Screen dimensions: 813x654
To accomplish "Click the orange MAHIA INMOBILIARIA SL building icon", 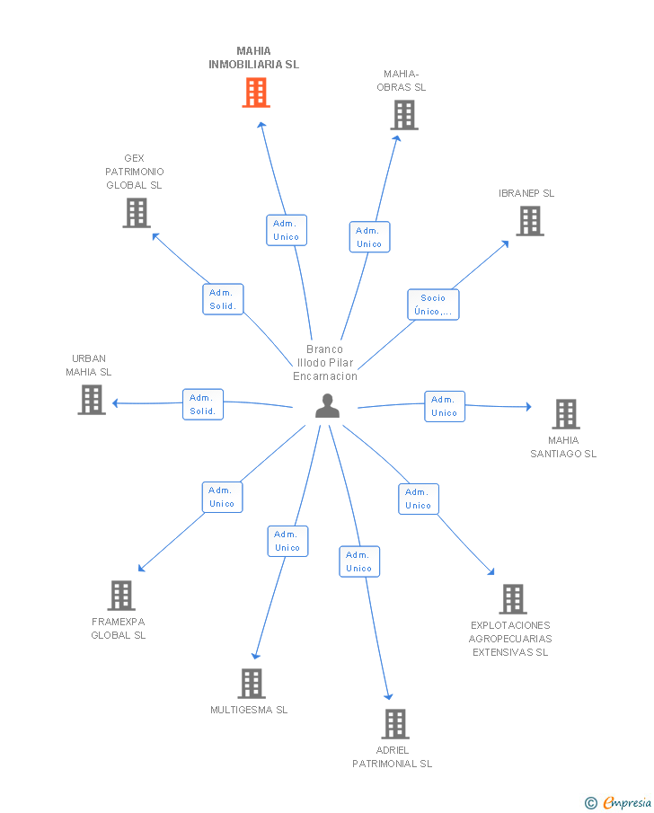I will [256, 93].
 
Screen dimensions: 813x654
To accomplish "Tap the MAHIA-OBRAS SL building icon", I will [404, 115].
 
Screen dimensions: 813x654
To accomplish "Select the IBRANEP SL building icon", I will [530, 221].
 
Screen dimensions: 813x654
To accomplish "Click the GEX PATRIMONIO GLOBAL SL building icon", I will [137, 213].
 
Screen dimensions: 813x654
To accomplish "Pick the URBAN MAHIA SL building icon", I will [92, 400].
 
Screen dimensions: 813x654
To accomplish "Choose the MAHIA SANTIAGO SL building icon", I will [565, 414].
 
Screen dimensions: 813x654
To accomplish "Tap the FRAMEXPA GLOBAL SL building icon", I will [121, 596].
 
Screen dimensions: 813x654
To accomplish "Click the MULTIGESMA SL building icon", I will [252, 684].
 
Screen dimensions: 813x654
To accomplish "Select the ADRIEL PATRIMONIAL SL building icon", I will [395, 724].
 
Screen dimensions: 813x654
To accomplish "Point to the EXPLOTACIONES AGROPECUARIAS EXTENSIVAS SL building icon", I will [513, 599].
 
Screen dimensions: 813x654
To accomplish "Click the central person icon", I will [327, 406].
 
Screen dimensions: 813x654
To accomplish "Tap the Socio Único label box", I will [433, 305].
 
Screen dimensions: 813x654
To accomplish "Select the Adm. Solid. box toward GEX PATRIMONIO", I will [222, 299].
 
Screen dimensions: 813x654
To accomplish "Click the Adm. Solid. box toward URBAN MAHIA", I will [202, 404].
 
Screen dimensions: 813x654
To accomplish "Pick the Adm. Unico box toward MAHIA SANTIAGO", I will [444, 406].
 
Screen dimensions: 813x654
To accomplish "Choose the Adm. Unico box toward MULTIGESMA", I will [287, 541].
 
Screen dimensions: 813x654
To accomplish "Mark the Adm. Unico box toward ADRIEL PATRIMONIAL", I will [359, 561].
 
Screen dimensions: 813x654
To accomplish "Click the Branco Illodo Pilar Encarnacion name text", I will [325, 363].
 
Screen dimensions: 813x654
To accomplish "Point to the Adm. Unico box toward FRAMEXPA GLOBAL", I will [222, 497].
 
